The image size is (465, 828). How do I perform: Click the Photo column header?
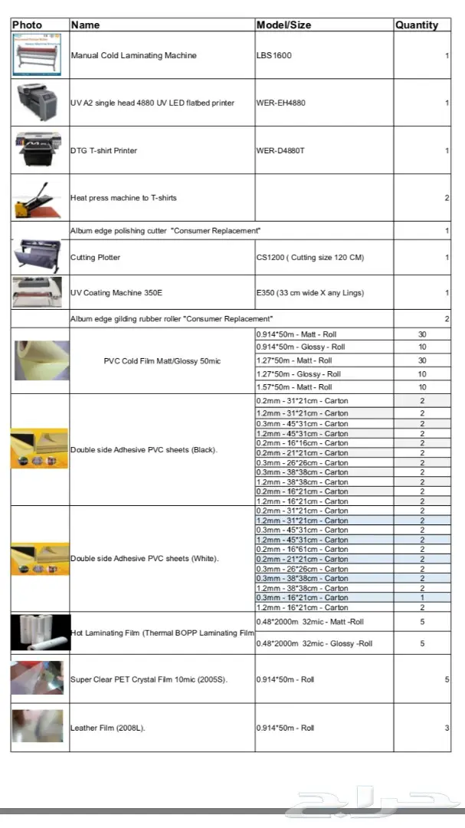pos(28,25)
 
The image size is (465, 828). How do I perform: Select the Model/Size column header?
pos(283,25)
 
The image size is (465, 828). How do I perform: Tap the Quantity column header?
pos(417,25)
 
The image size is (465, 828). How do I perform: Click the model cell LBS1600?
pos(274,56)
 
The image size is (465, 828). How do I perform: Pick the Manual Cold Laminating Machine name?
pos(133,56)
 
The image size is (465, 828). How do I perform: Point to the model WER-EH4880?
pos(281,103)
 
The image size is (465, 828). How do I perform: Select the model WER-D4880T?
pos(280,151)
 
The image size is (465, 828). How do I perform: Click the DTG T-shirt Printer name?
pos(104,151)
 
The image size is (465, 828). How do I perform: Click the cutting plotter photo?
pos(40,256)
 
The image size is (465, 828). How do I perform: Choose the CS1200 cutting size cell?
pos(310,258)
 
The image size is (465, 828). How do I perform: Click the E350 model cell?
pos(310,293)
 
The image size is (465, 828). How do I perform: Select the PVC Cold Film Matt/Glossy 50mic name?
pos(162,361)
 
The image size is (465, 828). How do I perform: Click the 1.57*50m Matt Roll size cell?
pos(294,387)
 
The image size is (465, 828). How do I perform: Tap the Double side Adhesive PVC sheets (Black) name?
pos(144,449)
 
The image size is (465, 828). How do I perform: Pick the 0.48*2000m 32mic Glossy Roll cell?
pos(314,644)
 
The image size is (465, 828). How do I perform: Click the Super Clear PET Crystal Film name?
pos(149,680)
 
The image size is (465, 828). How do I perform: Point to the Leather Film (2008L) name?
pos(108,728)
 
